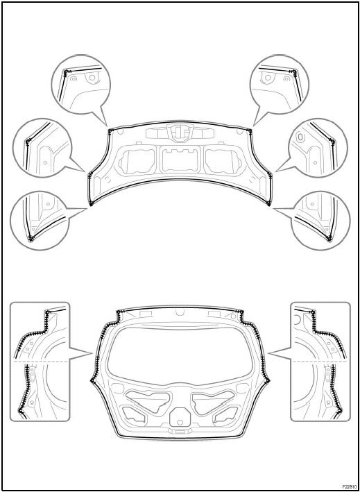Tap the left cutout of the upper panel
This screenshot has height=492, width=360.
pos(137,160)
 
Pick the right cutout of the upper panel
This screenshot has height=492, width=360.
pos(223,160)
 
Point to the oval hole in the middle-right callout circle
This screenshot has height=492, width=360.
pos(300,137)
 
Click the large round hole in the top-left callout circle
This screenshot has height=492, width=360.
pos(92,77)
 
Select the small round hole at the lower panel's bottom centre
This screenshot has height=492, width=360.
pos(180,423)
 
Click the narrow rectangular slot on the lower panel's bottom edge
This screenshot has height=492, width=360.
pos(180,432)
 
